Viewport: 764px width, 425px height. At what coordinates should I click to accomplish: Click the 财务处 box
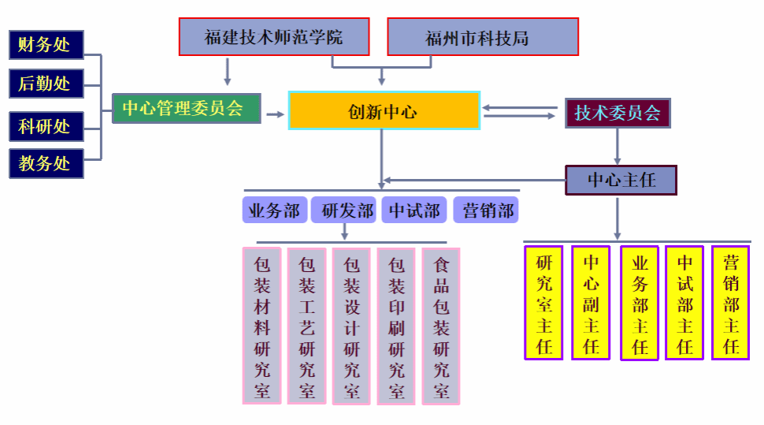pyautogui.click(x=46, y=44)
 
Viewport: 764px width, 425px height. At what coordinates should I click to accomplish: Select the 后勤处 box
pyautogui.click(x=46, y=83)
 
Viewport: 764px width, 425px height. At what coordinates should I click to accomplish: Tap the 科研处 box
pyautogui.click(x=46, y=125)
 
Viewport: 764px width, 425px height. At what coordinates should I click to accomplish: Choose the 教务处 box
pyautogui.click(x=46, y=163)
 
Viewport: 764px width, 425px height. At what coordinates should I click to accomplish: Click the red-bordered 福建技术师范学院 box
pyautogui.click(x=273, y=37)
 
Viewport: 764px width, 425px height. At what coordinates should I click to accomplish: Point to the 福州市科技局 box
pyautogui.click(x=482, y=37)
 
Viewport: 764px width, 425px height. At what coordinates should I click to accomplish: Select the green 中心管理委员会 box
pyautogui.click(x=186, y=108)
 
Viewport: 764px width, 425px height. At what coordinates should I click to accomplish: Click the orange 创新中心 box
pyautogui.click(x=384, y=110)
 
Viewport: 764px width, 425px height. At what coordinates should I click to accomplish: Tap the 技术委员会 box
pyautogui.click(x=618, y=113)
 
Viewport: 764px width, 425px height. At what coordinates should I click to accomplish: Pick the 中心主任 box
pyautogui.click(x=621, y=180)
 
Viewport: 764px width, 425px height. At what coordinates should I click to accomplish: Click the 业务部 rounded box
pyautogui.click(x=274, y=211)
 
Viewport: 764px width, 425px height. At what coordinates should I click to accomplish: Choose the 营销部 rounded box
pyautogui.click(x=486, y=211)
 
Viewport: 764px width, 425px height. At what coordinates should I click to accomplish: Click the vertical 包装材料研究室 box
pyautogui.click(x=261, y=326)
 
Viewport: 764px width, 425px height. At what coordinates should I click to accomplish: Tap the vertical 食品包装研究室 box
pyautogui.click(x=441, y=326)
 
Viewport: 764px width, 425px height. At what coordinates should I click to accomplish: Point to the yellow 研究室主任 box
pyautogui.click(x=543, y=304)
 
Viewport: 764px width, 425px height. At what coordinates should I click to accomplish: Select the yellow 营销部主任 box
pyautogui.click(x=730, y=304)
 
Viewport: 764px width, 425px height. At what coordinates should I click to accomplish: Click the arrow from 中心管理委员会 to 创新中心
pyautogui.click(x=274, y=114)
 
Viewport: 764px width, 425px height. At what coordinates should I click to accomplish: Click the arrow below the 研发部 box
pyautogui.click(x=343, y=231)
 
